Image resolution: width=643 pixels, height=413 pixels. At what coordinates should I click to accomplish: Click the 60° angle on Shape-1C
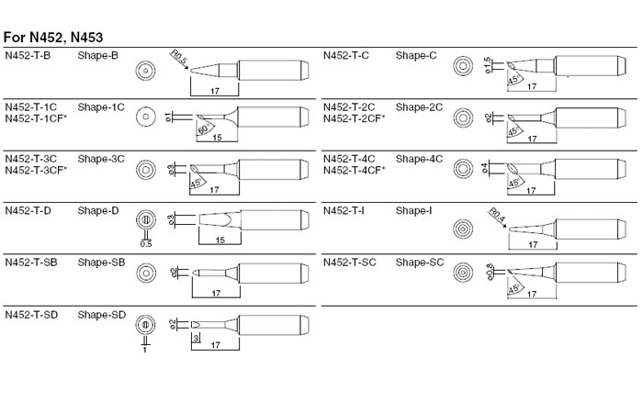[x=204, y=128]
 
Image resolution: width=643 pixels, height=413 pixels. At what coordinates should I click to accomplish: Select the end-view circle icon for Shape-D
[x=143, y=221]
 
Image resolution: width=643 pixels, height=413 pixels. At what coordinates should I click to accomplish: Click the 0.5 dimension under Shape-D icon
[x=145, y=243]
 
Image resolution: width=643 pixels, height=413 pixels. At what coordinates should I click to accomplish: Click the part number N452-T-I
[x=345, y=211]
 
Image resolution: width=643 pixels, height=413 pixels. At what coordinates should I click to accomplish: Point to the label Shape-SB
[x=101, y=263]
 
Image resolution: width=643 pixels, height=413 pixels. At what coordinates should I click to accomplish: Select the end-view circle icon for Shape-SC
[x=463, y=273]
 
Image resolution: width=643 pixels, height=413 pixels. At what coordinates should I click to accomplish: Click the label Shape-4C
[x=419, y=159]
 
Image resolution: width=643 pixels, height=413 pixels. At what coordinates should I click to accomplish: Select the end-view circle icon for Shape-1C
[x=143, y=117]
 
